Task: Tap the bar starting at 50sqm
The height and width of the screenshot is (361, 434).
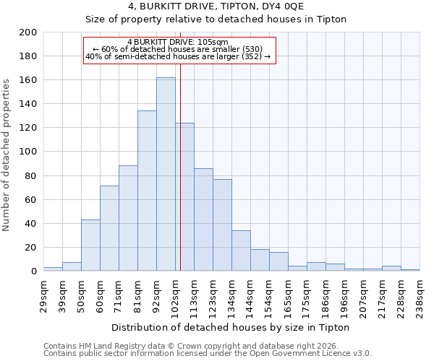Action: pos(90,245)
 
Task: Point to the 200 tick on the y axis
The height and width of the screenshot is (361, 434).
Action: pos(29,32)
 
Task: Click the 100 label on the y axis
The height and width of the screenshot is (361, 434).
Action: pos(29,152)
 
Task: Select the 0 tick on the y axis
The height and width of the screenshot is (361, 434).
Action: pos(34,271)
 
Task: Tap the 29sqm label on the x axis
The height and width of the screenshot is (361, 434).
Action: pos(43,296)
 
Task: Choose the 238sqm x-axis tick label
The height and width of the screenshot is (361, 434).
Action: pos(420,296)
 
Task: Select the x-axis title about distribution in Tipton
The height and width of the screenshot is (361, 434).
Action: pos(231,327)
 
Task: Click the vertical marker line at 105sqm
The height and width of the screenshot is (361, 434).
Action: pos(181,180)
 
